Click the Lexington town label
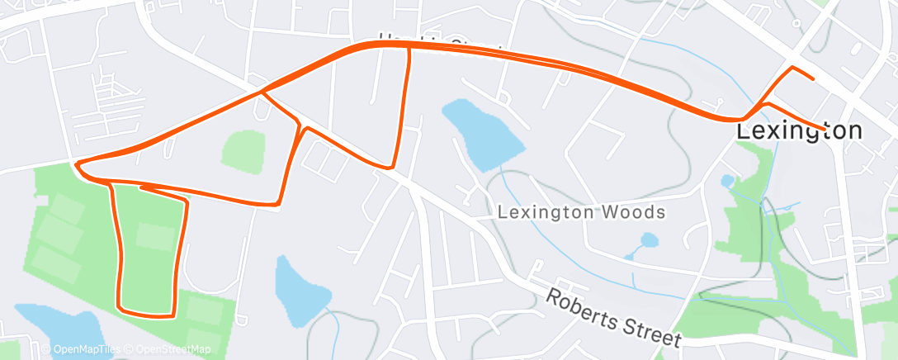coord(799,131)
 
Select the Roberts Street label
coord(615,318)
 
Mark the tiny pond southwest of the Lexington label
coord(727,180)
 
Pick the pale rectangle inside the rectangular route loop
coord(156,237)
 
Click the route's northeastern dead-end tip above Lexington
coord(814,79)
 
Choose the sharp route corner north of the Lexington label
coord(792,67)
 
